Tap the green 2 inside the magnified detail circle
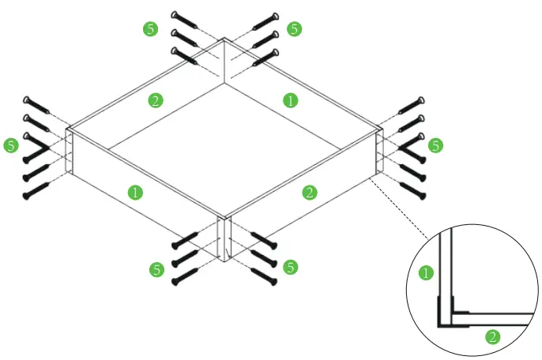[492, 337]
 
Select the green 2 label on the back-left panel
[156, 100]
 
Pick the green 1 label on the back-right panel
[291, 100]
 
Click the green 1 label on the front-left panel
[135, 192]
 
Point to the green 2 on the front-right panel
[310, 192]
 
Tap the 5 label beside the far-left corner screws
[11, 145]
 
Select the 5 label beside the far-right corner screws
[435, 145]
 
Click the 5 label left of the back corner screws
[150, 29]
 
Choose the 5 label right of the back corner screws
[294, 29]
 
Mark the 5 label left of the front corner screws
[156, 269]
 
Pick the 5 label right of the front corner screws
[291, 268]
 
